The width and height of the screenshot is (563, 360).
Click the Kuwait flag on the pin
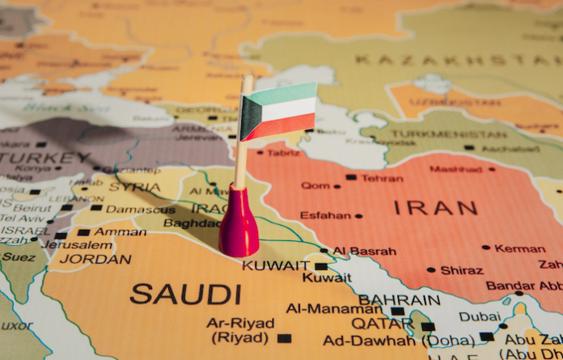tap(278, 110)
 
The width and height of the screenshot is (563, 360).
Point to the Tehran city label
tap(382, 178)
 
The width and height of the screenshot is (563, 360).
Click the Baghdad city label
tap(193, 223)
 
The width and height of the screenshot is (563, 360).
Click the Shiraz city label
tap(462, 270)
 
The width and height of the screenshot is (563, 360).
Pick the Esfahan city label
tap(325, 215)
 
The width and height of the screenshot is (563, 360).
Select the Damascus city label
tap(140, 209)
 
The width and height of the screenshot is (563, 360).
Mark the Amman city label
tap(121, 231)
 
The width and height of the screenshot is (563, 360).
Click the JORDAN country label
tap(95, 260)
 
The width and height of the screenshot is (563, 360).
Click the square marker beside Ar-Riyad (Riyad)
tap(283, 338)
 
